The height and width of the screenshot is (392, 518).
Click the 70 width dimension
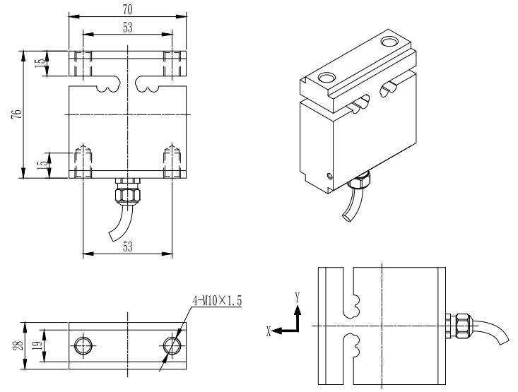coord(129,8)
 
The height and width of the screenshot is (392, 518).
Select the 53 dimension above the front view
coord(129,27)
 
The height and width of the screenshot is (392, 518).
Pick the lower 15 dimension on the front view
coord(41,164)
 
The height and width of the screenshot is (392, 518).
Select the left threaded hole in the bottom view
coord(83,345)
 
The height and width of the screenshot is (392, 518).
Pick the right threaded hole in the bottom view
coord(172,345)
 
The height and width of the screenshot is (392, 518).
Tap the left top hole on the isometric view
coord(326,76)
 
